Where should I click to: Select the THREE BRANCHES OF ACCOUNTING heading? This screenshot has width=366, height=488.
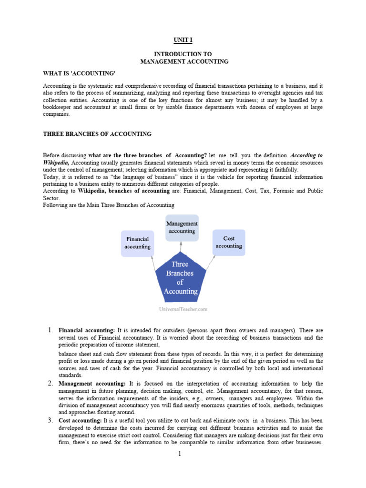click(97, 134)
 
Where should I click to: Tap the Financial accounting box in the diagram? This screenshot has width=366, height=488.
click(137, 243)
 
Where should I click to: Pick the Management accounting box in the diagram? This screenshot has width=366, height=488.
click(182, 227)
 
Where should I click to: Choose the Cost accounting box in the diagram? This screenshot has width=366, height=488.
click(229, 242)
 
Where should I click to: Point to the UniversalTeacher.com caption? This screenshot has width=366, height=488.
click(183, 309)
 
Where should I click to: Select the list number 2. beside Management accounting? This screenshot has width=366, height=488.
click(51, 383)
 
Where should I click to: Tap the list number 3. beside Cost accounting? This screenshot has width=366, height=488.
click(51, 420)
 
